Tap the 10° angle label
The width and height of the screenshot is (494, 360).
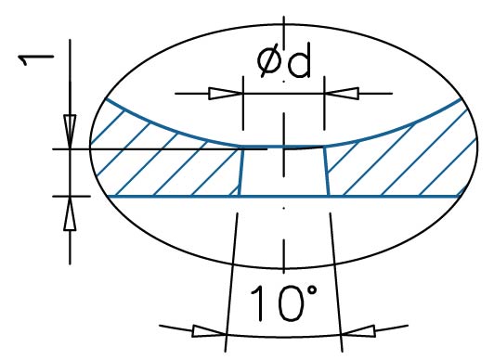(283, 303)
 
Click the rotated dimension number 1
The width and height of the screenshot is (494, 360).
(35, 59)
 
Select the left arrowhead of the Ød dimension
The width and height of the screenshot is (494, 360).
(226, 94)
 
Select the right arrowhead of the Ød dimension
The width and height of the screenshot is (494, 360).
(342, 94)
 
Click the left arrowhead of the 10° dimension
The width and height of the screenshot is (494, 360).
(209, 330)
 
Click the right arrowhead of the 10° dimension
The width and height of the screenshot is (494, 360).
(358, 330)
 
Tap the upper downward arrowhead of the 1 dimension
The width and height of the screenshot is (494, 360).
(70, 132)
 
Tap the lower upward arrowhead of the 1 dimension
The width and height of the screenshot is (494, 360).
(70, 213)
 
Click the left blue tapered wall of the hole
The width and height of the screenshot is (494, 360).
(240, 172)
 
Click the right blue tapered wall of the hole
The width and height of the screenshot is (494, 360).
(327, 172)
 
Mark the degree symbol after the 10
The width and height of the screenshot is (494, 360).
(312, 290)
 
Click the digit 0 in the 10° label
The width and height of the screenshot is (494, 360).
(292, 303)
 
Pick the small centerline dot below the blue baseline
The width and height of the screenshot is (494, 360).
(284, 208)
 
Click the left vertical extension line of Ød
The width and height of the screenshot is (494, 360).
(243, 103)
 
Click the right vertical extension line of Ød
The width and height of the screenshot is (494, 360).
(324, 103)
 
